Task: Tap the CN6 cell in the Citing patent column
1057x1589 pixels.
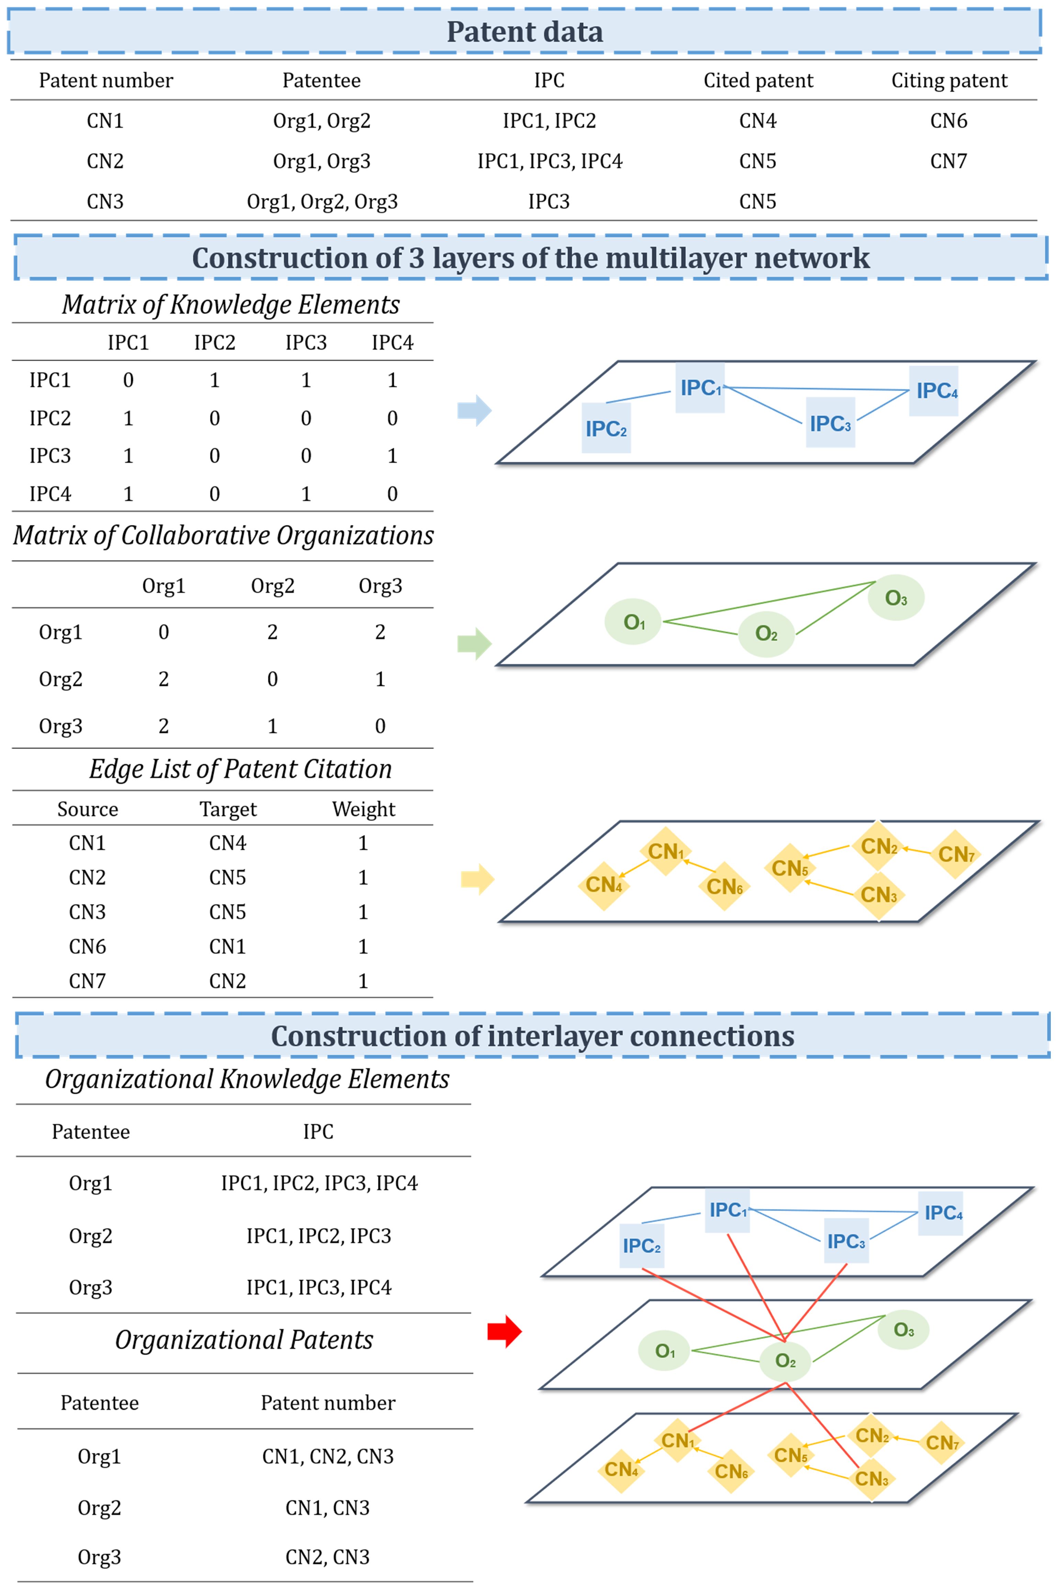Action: pyautogui.click(x=948, y=121)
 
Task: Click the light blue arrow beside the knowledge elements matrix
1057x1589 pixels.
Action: pyautogui.click(x=475, y=410)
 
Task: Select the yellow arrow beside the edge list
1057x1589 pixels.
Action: pyautogui.click(x=477, y=879)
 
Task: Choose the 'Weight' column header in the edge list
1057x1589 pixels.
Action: pyautogui.click(x=363, y=809)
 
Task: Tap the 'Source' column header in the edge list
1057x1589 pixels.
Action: pyautogui.click(x=88, y=809)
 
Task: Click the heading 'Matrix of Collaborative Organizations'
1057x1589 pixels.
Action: pyautogui.click(x=223, y=535)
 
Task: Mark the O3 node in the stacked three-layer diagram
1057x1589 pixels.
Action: pyautogui.click(x=903, y=1330)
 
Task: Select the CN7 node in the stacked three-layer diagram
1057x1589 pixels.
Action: pyautogui.click(x=942, y=1443)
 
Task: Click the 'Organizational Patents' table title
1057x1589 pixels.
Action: pyautogui.click(x=244, y=1340)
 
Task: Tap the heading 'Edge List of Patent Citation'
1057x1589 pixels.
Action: pyautogui.click(x=241, y=769)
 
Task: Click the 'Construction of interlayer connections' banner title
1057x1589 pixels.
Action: pyautogui.click(x=532, y=1036)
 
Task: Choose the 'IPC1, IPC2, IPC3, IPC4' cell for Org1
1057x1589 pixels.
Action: pyautogui.click(x=319, y=1183)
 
